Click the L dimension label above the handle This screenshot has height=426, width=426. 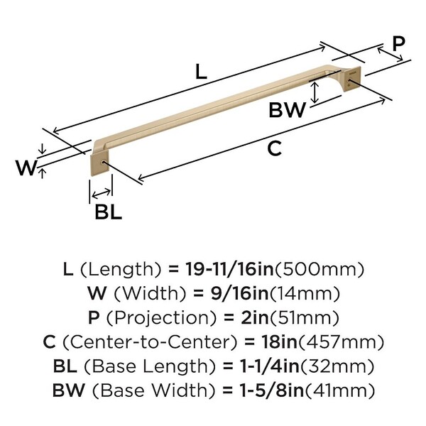201,71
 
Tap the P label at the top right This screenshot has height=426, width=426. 398,43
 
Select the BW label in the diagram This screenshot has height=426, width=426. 287,110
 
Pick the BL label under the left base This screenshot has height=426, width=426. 108,211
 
